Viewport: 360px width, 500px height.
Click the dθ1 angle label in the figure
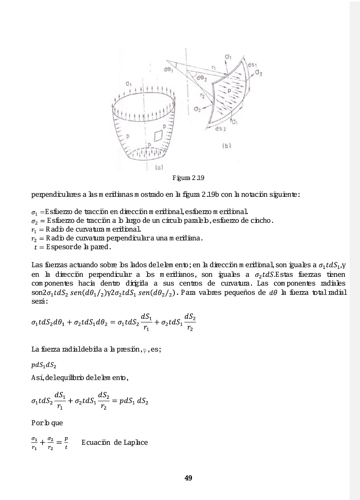(168, 70)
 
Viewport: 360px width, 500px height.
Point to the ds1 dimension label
(253, 65)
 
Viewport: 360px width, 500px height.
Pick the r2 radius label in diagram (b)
(203, 96)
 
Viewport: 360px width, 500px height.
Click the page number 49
(188, 478)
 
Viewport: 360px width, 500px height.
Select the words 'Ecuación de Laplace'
(114, 442)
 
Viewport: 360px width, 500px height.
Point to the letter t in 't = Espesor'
(36, 247)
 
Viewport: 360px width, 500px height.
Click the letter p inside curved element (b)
(230, 91)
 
